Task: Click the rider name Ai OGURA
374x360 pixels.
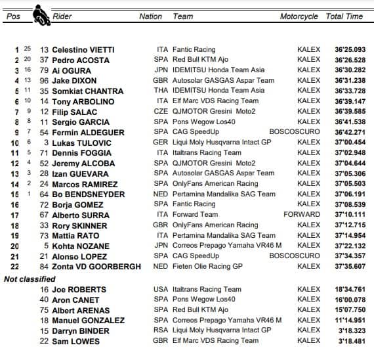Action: pos(72,70)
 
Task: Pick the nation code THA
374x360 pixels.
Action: pos(161,91)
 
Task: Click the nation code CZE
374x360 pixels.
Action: pos(161,111)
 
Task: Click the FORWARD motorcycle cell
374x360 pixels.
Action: pos(302,214)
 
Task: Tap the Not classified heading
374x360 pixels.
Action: pos(29,279)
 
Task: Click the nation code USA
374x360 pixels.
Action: pos(161,289)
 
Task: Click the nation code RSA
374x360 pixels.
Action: pos(161,330)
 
